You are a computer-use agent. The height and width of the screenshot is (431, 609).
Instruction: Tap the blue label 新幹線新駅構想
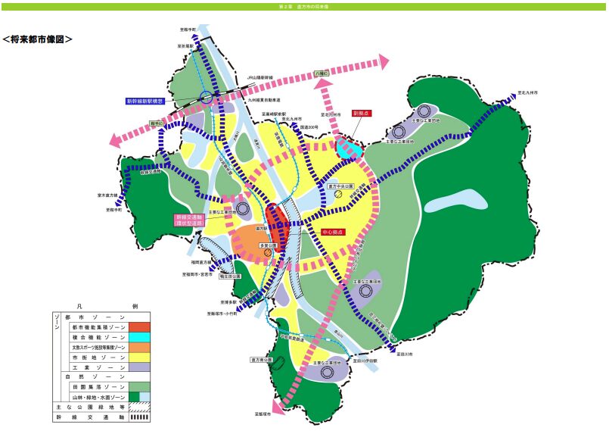[151, 101]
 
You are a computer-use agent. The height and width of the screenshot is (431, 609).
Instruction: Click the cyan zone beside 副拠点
[348, 147]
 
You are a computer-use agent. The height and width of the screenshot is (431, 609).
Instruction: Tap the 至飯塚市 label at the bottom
[263, 415]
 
